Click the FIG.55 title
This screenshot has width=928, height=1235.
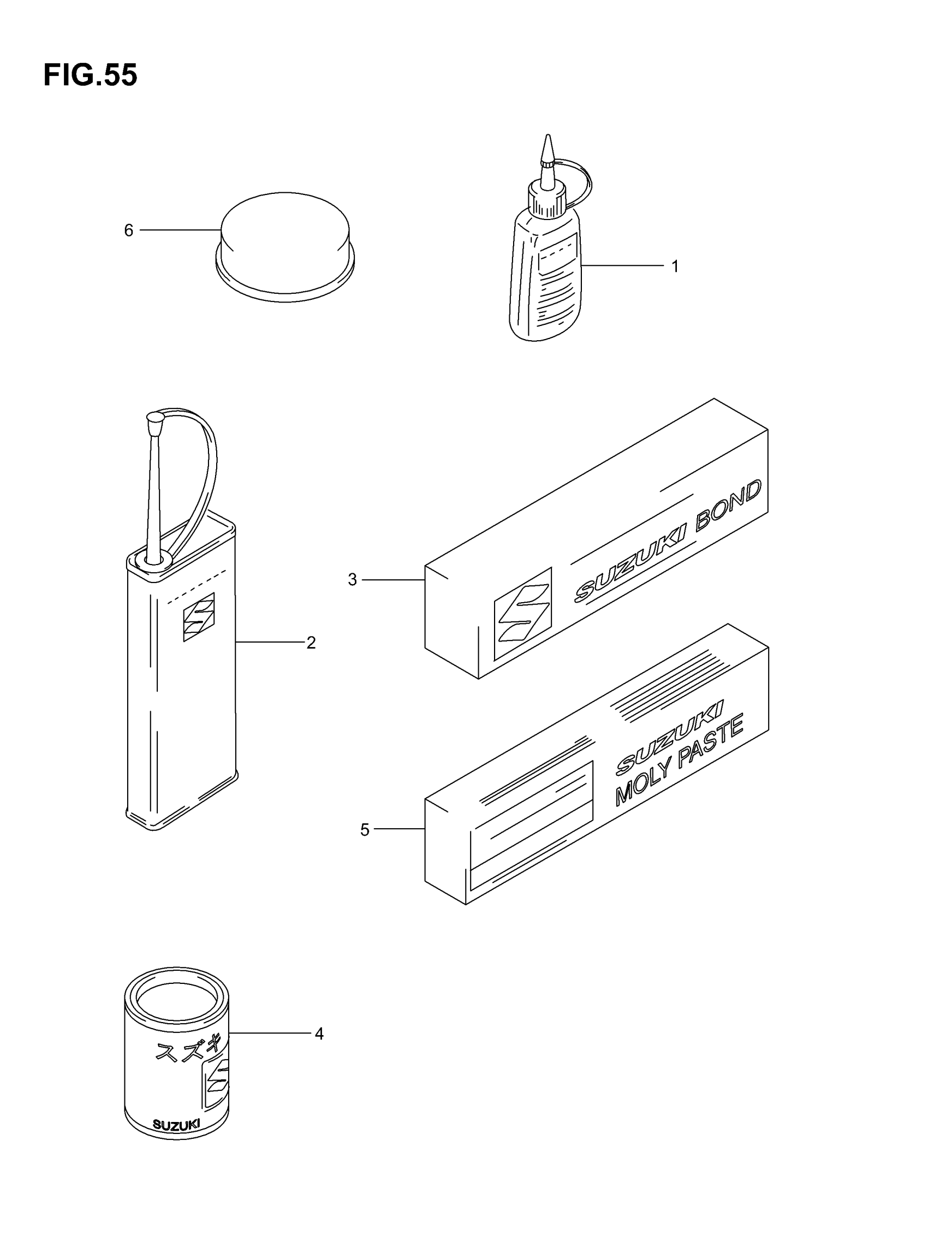[90, 75]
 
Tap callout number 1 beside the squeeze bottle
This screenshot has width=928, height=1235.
[675, 266]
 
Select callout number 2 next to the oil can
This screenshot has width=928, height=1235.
[311, 643]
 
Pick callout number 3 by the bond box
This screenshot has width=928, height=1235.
[352, 579]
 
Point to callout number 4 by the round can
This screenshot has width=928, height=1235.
[319, 1034]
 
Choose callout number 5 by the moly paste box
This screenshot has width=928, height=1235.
[365, 830]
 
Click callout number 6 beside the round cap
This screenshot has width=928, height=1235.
[128, 230]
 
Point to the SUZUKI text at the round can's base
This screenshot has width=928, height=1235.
[176, 1125]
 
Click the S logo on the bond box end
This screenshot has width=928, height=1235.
[522, 613]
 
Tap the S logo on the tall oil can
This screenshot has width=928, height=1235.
[199, 616]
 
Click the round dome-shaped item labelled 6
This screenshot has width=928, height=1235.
[285, 246]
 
